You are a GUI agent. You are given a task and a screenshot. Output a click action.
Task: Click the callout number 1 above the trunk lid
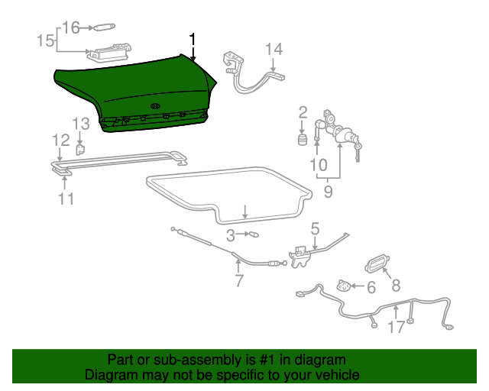[x=193, y=39]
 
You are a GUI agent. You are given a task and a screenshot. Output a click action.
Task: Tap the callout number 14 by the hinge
[x=274, y=50]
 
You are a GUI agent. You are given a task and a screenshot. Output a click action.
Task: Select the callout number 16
[x=70, y=28]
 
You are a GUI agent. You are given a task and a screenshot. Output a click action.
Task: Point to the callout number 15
[x=45, y=40]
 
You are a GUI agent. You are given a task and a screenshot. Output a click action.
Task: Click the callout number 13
[x=81, y=124]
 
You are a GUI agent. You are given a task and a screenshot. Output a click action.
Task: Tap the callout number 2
[x=303, y=111]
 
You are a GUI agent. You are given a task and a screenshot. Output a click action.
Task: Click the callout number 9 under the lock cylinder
[x=328, y=192]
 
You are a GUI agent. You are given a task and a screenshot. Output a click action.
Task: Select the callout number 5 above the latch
[x=314, y=228]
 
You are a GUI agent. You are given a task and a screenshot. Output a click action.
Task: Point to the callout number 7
[x=239, y=280]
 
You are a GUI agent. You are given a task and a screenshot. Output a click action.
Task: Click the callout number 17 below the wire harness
[x=396, y=328]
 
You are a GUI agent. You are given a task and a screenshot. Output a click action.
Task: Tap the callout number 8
[x=396, y=286]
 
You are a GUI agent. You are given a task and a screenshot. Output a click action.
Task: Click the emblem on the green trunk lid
[x=155, y=105]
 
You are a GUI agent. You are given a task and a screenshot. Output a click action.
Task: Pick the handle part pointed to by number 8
[x=376, y=261]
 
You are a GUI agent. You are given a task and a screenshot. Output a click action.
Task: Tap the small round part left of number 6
[x=345, y=287]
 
